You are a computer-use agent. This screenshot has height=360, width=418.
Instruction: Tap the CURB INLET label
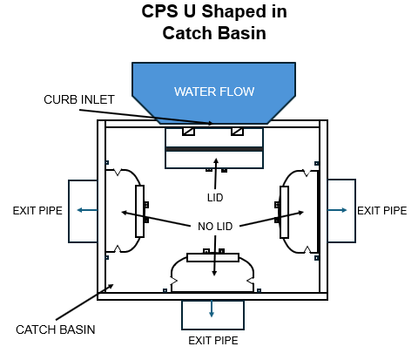79,99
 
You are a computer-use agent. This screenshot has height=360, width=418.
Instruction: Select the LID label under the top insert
213,198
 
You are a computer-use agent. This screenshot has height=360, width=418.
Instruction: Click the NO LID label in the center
213,228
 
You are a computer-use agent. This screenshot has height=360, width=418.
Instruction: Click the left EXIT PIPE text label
37,210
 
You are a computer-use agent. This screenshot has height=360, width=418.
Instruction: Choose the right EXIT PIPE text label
381,210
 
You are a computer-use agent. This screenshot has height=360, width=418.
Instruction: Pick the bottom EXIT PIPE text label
212,341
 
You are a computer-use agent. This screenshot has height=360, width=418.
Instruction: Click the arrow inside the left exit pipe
83,210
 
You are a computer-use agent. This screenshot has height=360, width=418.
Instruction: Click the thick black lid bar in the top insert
213,149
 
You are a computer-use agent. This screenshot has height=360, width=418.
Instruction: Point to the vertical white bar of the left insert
139,211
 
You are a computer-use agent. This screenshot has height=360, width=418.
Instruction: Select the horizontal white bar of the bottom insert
212,258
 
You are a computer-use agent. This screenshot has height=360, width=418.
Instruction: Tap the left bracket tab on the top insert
187,132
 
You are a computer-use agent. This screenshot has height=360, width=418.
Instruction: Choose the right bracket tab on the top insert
237,132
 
